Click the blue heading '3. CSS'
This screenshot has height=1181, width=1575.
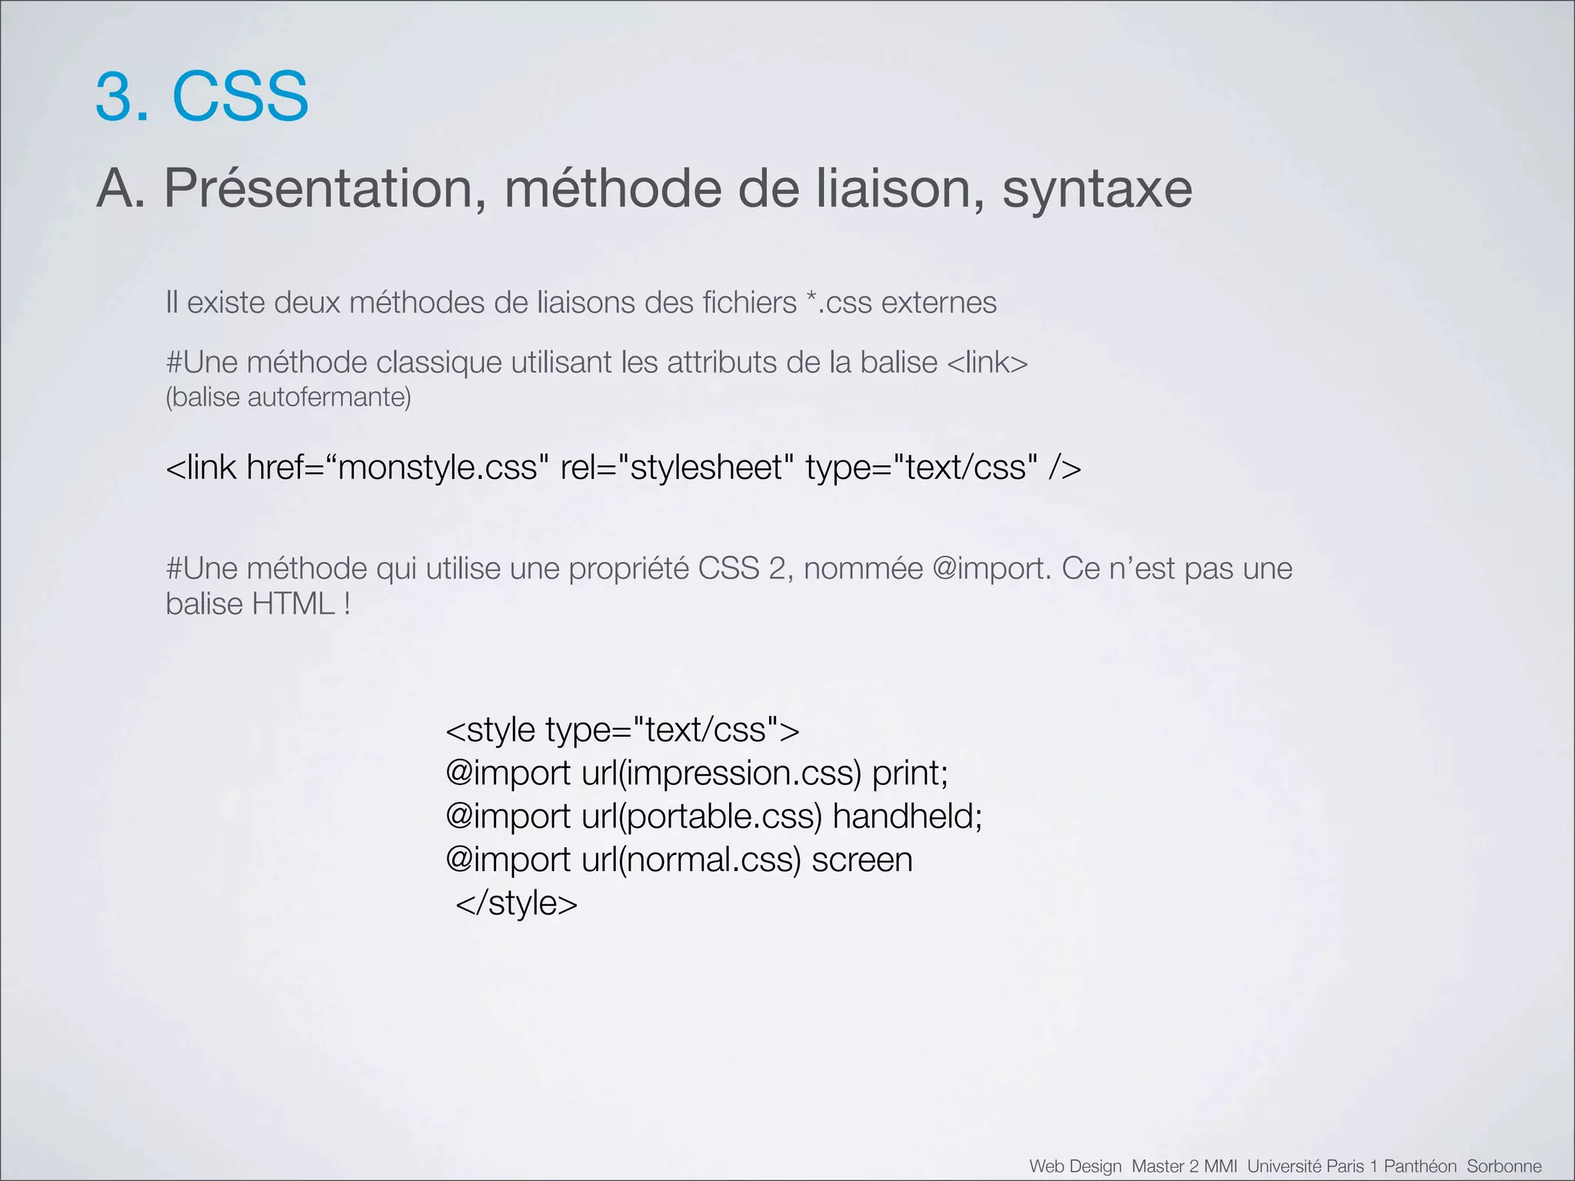201,96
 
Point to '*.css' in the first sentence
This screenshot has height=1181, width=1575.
839,302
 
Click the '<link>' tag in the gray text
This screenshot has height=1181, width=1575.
987,362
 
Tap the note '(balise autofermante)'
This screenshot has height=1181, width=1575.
288,398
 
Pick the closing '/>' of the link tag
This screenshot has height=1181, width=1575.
1064,467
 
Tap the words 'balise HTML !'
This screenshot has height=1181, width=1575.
258,604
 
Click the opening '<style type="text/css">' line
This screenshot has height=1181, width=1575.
622,730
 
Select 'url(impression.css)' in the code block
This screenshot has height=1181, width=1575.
721,773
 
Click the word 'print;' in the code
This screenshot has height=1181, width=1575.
910,773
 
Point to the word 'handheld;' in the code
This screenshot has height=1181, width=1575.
907,816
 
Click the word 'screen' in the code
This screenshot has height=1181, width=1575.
862,860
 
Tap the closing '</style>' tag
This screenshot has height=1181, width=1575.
516,903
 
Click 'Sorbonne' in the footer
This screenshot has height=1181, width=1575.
1503,1166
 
